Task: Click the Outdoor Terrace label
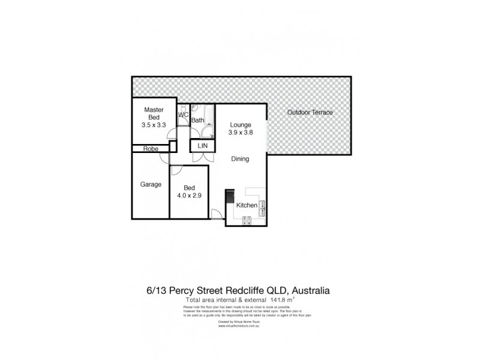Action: pyautogui.click(x=309, y=113)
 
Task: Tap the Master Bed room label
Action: pyautogui.click(x=154, y=114)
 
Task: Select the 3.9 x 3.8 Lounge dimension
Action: pyautogui.click(x=239, y=134)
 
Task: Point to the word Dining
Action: pyautogui.click(x=240, y=159)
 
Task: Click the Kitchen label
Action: pyautogui.click(x=247, y=206)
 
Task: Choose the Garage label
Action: pyautogui.click(x=151, y=185)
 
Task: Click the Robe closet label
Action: pyautogui.click(x=150, y=149)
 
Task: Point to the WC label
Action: pyautogui.click(x=184, y=115)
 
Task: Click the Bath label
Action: pyautogui.click(x=197, y=121)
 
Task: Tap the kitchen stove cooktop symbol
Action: pyautogui.click(x=246, y=221)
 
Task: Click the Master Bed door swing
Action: pyautogui.click(x=172, y=127)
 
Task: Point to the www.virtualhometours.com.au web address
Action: pyautogui.click(x=248, y=327)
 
